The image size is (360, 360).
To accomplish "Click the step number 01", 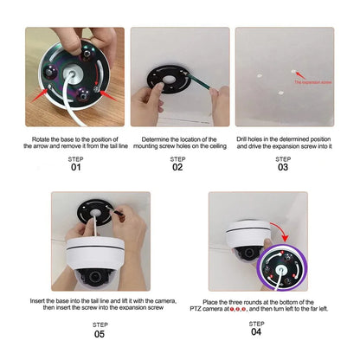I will pos(75,167).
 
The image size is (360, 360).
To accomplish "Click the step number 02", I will pos(177,167).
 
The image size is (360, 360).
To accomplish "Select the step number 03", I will pos(283,167).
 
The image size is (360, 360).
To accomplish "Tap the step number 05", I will pos(100,333).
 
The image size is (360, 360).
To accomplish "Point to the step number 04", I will pos(256,331).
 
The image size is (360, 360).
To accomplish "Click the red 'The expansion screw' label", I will pos(309,82).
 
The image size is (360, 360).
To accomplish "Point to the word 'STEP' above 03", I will pos(283,158).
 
